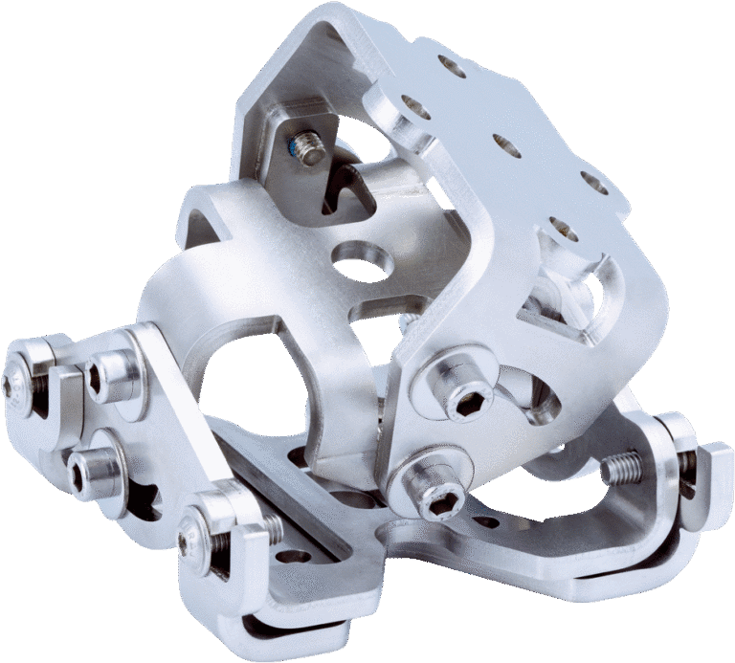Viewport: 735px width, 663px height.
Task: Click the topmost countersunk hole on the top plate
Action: pos(448,66)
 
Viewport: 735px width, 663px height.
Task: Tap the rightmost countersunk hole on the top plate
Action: pos(593,184)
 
